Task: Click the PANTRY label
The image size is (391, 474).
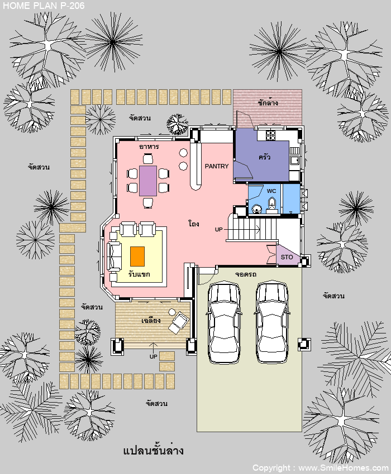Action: [217, 166]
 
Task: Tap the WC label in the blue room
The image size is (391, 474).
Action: [271, 191]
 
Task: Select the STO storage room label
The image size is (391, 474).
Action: [287, 257]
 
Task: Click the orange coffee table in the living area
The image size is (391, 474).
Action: [137, 257]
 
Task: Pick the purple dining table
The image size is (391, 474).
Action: [148, 181]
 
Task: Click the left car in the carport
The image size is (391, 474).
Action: [224, 322]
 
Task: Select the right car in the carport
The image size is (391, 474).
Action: [271, 322]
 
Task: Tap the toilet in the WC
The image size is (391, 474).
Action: [272, 205]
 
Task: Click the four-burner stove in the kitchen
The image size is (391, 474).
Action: [270, 135]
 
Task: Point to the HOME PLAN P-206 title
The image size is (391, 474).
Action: [44, 6]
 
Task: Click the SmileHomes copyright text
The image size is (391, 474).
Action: [321, 468]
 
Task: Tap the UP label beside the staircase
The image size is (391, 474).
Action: [218, 229]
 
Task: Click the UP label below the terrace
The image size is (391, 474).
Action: [153, 356]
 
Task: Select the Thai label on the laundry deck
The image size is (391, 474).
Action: [268, 103]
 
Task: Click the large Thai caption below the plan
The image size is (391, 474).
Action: [153, 451]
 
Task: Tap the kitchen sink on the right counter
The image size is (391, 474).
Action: [294, 160]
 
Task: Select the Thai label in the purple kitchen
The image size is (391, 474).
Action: [264, 157]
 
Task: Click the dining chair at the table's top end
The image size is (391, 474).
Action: [148, 159]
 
